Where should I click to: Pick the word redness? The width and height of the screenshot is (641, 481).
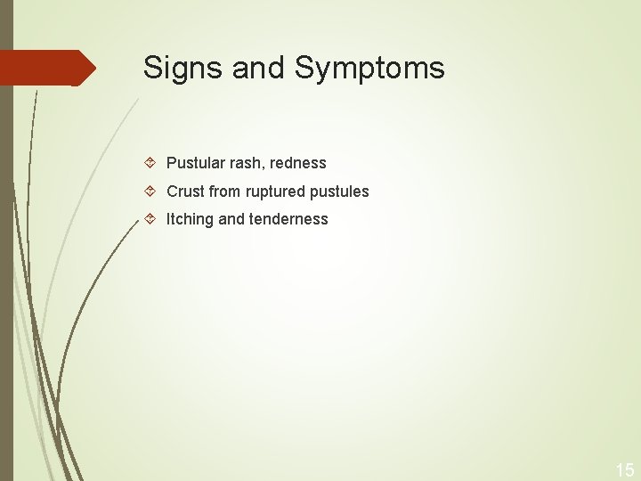point(298,163)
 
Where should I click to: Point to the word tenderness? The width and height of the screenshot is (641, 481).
point(288,219)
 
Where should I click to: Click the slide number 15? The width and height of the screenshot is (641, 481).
point(625,469)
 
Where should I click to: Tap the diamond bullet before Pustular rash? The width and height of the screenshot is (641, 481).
point(150,163)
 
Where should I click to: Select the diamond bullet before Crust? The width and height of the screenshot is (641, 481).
point(150,192)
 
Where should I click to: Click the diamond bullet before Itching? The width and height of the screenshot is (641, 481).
point(150,219)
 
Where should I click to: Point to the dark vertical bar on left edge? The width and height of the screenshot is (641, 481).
point(6,267)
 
